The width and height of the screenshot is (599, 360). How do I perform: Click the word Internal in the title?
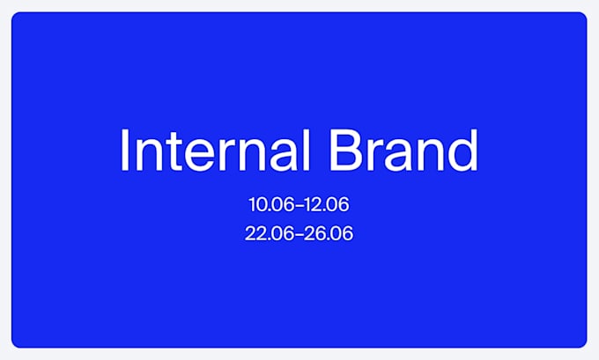tap(215, 150)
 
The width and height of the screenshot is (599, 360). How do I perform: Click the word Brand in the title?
tap(403, 150)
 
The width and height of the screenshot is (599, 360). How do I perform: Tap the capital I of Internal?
tap(123, 150)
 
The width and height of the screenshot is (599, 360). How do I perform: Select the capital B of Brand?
tap(345, 150)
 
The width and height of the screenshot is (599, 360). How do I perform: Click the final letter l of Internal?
tap(307, 150)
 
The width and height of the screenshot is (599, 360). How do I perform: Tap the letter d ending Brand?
tap(462, 150)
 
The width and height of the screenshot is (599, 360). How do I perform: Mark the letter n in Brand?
tap(430, 156)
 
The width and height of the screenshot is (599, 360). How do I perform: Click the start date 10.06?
tap(271, 204)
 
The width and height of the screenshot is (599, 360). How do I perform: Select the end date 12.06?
tap(327, 204)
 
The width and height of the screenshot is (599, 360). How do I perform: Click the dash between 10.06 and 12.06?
tap(299, 205)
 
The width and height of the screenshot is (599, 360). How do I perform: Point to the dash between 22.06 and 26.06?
tap(299, 234)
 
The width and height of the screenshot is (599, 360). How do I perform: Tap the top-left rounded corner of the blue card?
tap(14, 14)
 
